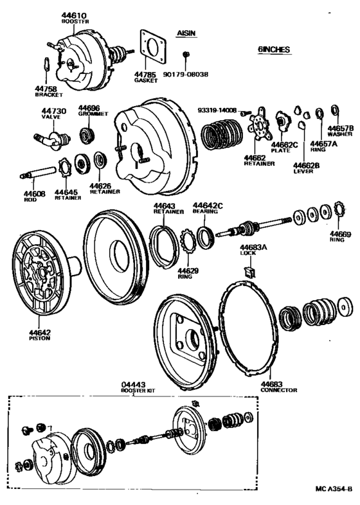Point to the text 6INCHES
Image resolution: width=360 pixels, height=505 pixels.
[274, 49]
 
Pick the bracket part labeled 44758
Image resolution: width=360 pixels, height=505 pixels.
[46, 66]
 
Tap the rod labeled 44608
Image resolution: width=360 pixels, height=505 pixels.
[38, 174]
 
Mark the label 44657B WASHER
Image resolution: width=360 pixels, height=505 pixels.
[340, 132]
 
